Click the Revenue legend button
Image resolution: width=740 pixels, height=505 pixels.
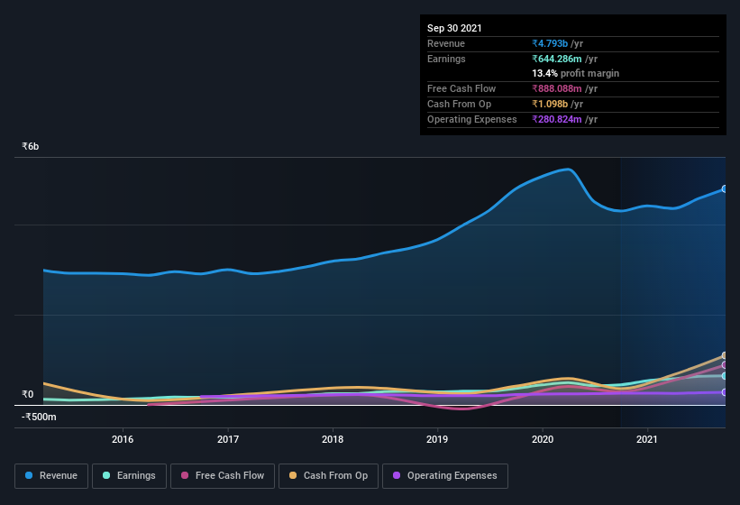coord(51,475)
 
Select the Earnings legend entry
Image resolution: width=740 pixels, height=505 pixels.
coord(128,475)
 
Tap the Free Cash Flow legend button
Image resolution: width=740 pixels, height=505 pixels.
coord(223,475)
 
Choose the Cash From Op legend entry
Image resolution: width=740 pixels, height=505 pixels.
coord(328,475)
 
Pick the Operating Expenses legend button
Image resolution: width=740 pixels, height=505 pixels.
coord(444,475)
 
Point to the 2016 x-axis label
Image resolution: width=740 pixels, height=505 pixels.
coord(123,439)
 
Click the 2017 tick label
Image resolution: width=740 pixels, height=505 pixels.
coord(227,439)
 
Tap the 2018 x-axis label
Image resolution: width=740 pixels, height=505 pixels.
coord(333,439)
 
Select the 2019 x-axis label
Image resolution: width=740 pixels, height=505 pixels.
coord(437,439)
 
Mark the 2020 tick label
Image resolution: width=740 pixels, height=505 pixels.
coord(543,439)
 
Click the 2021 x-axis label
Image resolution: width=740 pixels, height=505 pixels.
coord(647,439)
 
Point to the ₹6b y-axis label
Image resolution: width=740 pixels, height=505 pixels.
coord(31,146)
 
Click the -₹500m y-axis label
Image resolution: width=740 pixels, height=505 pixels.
coord(39,417)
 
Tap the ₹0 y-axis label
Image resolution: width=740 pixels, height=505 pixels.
coord(28,394)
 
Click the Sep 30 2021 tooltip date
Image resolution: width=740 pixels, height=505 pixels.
coord(455,28)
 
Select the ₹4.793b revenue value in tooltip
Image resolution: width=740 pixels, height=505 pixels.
coord(556,43)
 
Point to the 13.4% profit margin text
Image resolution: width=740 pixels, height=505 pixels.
coord(576,73)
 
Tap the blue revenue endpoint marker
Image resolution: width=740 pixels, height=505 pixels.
coord(725,188)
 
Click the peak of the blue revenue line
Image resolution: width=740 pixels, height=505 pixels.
coord(568,169)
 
